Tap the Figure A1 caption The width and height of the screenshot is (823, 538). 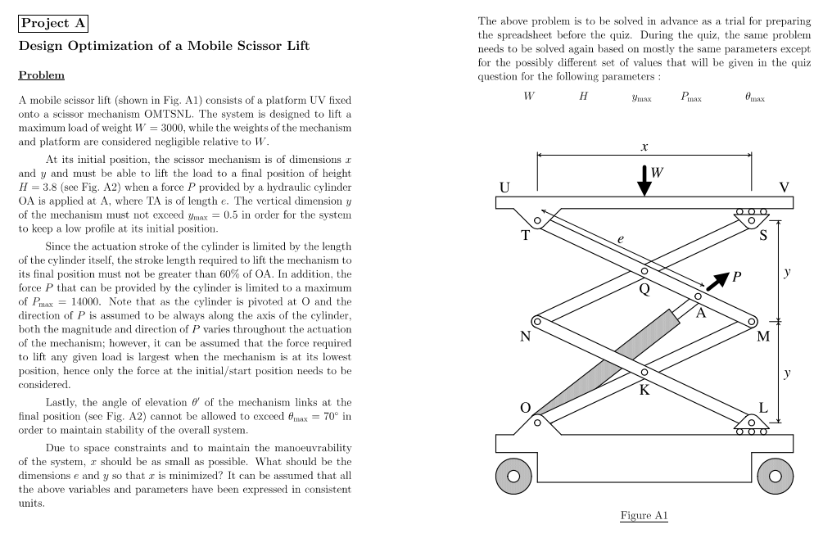click(644, 516)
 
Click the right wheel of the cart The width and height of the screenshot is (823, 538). click(775, 476)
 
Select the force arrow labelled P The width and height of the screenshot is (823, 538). click(717, 280)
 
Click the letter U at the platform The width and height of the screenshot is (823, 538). click(505, 188)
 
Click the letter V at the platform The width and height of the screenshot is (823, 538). click(784, 188)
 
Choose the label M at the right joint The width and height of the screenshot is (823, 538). click(763, 336)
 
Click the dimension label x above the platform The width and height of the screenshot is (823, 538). click(644, 147)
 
